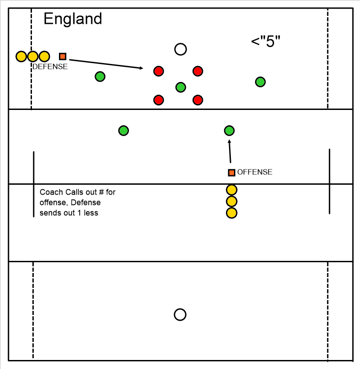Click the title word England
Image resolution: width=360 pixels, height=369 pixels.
(72, 19)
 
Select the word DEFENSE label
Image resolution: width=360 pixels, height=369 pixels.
(50, 67)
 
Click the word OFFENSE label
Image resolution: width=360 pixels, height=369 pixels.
(255, 172)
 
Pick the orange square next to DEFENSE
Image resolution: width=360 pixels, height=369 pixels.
(63, 56)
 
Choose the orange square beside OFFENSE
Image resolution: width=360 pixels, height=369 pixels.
(231, 173)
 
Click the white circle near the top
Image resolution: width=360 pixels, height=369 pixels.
(180, 50)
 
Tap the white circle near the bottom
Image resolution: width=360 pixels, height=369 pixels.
(180, 314)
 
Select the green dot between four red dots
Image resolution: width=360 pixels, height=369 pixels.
(181, 87)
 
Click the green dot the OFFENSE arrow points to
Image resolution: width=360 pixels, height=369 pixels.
(229, 131)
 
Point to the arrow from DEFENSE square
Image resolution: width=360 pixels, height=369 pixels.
(106, 64)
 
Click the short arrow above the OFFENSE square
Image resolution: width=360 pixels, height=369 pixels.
(230, 151)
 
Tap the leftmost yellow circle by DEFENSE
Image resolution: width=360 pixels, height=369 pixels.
(21, 56)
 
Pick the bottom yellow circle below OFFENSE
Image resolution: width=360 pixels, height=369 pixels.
(231, 213)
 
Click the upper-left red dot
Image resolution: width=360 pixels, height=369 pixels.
(158, 71)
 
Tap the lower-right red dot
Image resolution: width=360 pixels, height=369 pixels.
(198, 100)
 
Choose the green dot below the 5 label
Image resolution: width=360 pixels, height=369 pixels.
(261, 82)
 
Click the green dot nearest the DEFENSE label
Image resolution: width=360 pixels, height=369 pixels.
(100, 77)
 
